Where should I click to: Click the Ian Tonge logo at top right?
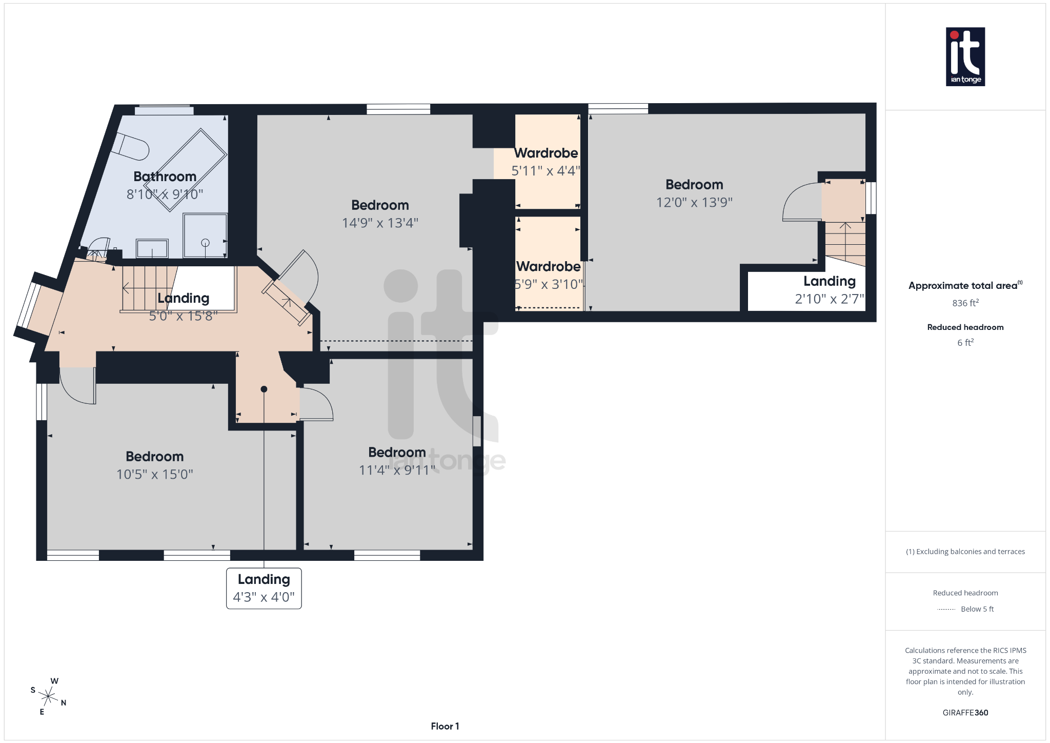click(965, 56)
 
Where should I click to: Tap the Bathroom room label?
click(165, 177)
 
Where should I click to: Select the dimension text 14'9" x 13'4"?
click(380, 223)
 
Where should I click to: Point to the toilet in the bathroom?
click(131, 146)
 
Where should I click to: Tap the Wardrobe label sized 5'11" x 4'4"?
click(546, 153)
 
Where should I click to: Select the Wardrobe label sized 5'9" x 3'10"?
click(548, 267)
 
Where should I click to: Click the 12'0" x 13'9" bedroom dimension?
click(694, 202)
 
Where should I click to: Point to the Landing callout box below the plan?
click(264, 588)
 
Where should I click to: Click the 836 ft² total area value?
click(965, 303)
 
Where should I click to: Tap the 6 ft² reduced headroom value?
click(965, 342)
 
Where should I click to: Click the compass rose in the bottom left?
click(48, 696)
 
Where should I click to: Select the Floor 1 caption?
click(445, 726)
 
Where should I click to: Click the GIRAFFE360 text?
click(965, 712)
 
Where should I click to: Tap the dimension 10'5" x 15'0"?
click(154, 474)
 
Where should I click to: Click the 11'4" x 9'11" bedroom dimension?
click(397, 470)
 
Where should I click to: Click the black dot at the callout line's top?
click(264, 389)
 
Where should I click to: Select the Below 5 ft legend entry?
click(976, 609)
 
